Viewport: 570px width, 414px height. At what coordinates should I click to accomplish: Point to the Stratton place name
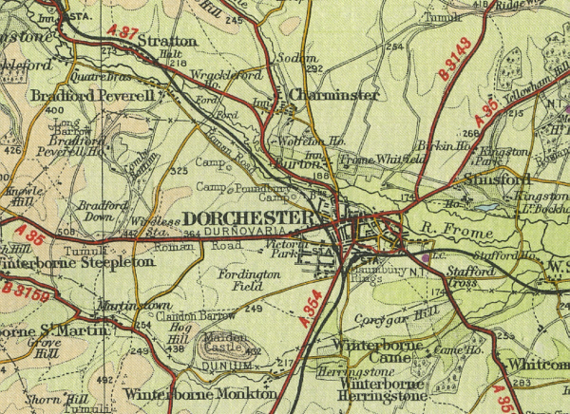[167, 42]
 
